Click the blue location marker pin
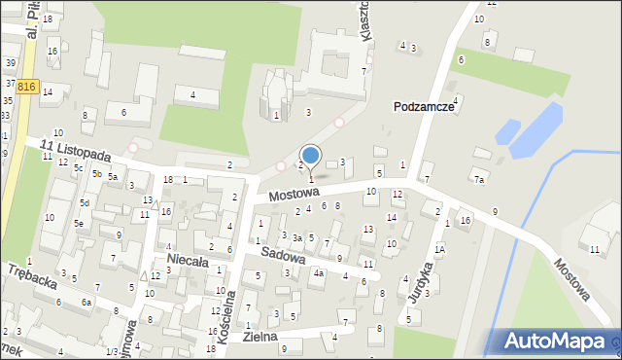311,156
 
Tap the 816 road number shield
26,87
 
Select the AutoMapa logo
556,341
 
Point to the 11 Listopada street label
76,152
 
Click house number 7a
478,180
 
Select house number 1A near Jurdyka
439,249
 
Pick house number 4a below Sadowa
318,273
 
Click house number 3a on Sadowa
297,238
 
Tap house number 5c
79,168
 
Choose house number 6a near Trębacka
86,303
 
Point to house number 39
10,62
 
